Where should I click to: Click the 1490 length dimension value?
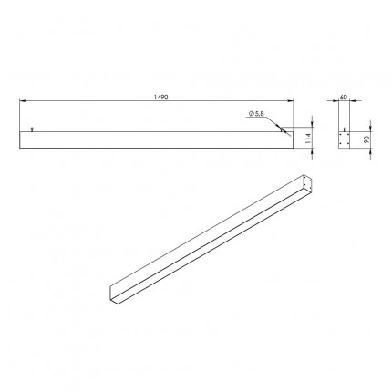coord(160,98)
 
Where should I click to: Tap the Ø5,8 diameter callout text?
coord(256,114)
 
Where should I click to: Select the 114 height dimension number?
coord(307,139)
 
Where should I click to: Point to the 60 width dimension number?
coord(343,98)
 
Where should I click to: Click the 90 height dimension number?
coord(366,139)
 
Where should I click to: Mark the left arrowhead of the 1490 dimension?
coord(22,100)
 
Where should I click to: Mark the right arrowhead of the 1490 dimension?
coord(291,100)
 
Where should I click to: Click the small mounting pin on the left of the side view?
coord(32,129)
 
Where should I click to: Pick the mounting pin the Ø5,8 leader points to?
coord(282,129)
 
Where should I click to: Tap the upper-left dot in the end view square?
coord(341,134)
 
